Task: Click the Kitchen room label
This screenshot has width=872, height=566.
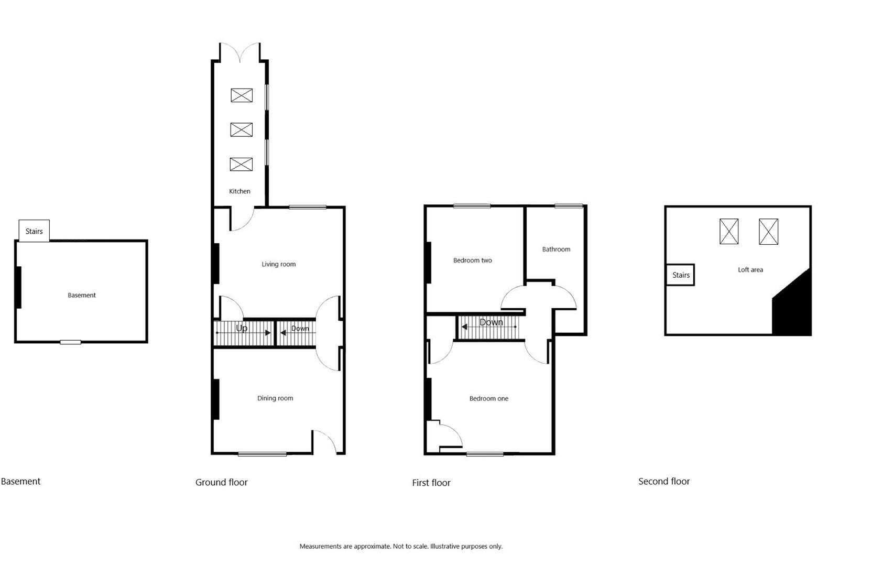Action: (x=239, y=191)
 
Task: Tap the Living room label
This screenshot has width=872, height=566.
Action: (x=278, y=264)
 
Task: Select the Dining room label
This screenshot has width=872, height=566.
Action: (x=275, y=398)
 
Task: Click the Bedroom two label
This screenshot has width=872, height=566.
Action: (x=472, y=260)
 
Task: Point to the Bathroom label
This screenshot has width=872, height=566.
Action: (x=555, y=249)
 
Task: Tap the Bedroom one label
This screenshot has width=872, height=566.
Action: (x=488, y=399)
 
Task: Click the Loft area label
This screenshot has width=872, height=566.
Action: (x=750, y=270)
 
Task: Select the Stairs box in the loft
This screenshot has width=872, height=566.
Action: (x=680, y=275)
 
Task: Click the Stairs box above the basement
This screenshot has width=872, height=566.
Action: (x=34, y=231)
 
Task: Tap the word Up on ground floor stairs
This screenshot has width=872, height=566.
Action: (x=242, y=328)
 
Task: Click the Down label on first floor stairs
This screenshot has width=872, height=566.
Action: (x=491, y=322)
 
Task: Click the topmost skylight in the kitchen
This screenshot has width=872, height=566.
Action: (x=242, y=95)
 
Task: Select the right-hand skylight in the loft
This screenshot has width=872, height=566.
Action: (x=768, y=232)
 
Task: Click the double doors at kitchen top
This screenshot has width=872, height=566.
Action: (x=239, y=52)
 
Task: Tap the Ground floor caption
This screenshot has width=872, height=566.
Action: (x=221, y=482)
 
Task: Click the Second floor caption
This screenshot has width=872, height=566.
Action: (x=663, y=481)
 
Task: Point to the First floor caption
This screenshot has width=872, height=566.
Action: (x=431, y=483)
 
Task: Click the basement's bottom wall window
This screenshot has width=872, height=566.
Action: (x=70, y=342)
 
